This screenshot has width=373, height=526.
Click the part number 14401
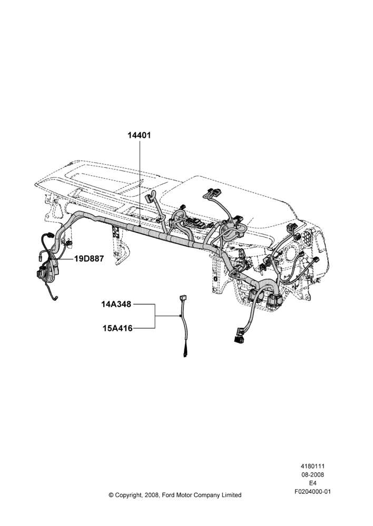click(x=139, y=135)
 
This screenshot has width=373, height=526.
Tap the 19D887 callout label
click(x=89, y=259)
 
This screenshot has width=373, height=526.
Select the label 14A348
click(x=116, y=304)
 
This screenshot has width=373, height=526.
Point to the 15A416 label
click(x=117, y=328)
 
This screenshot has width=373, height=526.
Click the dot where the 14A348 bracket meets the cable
click(x=181, y=316)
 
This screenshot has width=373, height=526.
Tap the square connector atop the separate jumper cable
click(x=183, y=297)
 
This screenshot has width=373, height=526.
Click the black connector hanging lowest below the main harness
click(x=239, y=335)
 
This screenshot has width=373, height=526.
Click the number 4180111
click(x=312, y=466)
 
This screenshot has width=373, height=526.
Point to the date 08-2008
click(x=312, y=474)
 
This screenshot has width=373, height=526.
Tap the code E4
click(x=312, y=483)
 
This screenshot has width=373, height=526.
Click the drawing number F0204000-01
click(x=313, y=491)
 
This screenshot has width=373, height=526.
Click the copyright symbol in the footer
click(x=111, y=495)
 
